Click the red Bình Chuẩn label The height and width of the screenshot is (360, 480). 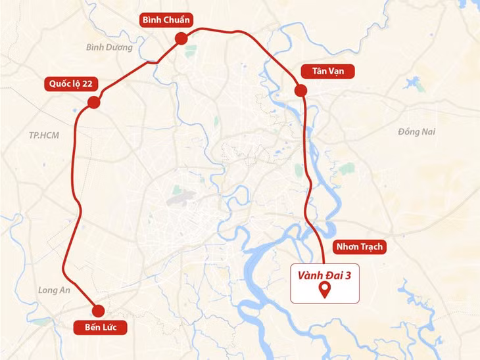(x=166, y=20)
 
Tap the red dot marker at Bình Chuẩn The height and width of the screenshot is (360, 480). (x=181, y=40)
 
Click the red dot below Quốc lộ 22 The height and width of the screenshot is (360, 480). (x=93, y=102)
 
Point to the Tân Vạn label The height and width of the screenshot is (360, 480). (x=319, y=70)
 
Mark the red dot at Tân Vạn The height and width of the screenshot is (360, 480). (x=300, y=91)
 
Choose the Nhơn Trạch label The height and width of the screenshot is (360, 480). (x=359, y=247)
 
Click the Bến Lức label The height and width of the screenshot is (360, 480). (x=101, y=326)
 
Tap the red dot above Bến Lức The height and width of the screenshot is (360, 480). (x=99, y=311)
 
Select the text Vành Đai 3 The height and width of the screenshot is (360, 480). (x=325, y=276)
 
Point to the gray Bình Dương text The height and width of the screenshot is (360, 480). (x=109, y=47)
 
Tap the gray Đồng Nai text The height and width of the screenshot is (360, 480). (x=417, y=132)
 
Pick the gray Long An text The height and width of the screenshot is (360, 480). (x=54, y=290)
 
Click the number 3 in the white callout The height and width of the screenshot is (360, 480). (x=349, y=276)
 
